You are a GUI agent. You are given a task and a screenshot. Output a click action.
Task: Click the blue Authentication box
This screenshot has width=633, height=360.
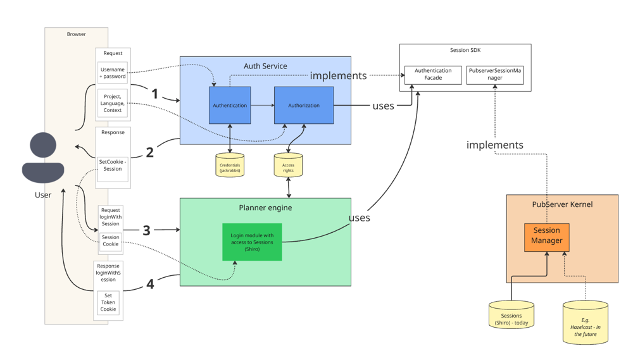[x=230, y=105]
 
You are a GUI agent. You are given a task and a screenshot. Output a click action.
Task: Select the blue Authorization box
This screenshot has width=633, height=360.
[x=304, y=105]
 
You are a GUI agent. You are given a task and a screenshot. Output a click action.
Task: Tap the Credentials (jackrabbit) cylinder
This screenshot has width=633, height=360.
[x=230, y=164]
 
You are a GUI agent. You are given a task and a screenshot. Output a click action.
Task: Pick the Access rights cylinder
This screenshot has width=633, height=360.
[x=288, y=164]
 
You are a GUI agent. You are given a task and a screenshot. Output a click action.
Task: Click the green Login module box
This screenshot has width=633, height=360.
[x=252, y=242]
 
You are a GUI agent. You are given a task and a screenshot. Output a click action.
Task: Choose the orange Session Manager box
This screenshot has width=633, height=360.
[x=547, y=237]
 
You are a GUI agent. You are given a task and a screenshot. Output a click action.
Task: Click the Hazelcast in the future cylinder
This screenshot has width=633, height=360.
[x=586, y=323]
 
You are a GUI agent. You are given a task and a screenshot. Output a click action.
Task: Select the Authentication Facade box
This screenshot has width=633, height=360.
[x=433, y=75]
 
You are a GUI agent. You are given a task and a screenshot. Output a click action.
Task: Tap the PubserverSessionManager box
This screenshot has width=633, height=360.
[x=495, y=75]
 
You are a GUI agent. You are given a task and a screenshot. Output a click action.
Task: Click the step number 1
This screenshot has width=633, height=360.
[x=154, y=94]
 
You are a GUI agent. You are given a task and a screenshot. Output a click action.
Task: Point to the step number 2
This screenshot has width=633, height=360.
[x=150, y=152]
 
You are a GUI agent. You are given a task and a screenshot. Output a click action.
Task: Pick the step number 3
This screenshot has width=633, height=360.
[x=147, y=230]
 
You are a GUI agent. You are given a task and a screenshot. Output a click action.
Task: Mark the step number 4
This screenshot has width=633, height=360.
[x=150, y=284]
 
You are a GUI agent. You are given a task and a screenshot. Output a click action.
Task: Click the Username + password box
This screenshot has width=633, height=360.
[x=113, y=73]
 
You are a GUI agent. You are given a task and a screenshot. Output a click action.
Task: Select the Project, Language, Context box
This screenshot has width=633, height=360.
[x=113, y=103]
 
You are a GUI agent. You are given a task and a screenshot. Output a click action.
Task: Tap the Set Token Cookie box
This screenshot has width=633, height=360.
[x=108, y=302]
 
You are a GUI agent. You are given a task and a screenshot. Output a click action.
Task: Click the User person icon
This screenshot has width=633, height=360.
[x=43, y=158]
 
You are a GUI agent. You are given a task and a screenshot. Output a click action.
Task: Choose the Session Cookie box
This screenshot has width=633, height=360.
[x=111, y=240]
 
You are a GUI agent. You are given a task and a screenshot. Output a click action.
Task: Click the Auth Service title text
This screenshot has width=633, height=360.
[x=265, y=66]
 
